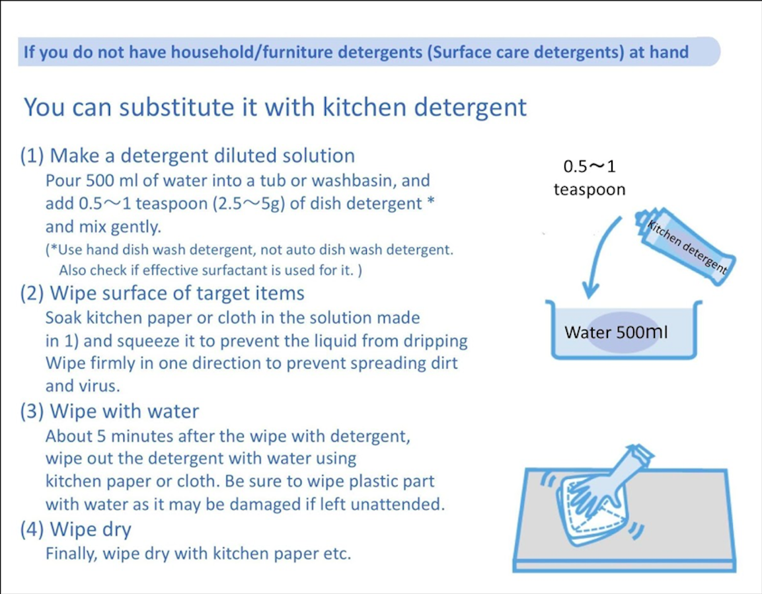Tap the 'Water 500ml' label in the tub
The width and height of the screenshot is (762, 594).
tap(615, 332)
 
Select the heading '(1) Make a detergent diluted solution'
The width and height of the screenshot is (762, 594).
tap(188, 156)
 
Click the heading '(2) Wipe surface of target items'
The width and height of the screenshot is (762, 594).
tap(163, 293)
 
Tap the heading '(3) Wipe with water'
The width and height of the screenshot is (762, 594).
tap(110, 412)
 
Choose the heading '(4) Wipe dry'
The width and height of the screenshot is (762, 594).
tap(76, 529)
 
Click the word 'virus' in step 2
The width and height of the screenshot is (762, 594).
tap(97, 386)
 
